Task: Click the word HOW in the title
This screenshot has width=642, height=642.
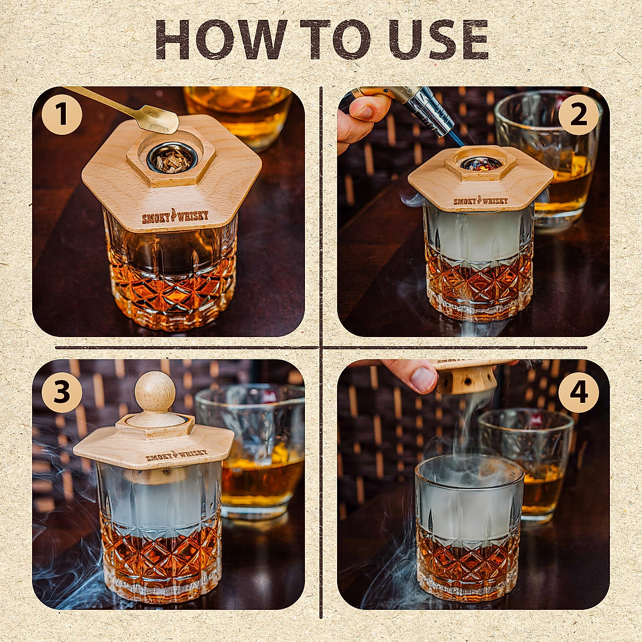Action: tap(221, 39)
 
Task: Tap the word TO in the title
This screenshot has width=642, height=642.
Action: tap(335, 39)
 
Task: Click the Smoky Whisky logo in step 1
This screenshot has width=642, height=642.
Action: tap(175, 217)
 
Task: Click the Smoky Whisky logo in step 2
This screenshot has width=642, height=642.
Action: tap(480, 201)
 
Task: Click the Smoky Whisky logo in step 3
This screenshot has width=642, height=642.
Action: tap(177, 455)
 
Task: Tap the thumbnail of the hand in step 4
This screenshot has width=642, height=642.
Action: tap(423, 380)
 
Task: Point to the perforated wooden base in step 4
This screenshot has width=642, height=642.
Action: tap(466, 380)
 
